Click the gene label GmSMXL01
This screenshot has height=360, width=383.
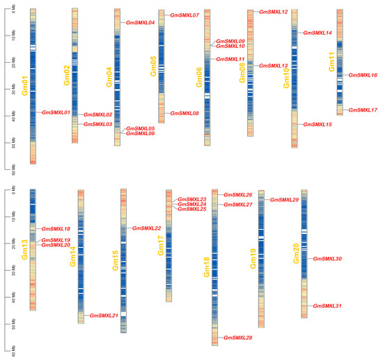(x=56, y=112)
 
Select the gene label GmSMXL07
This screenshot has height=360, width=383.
(x=186, y=15)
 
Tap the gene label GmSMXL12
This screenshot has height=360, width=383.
(x=273, y=12)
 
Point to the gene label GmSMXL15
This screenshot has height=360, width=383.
(x=318, y=125)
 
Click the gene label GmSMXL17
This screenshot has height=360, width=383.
(x=363, y=110)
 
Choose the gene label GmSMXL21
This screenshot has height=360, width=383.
(x=104, y=315)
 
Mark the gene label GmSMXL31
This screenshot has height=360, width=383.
(x=328, y=306)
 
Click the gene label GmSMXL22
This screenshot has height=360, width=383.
(x=147, y=228)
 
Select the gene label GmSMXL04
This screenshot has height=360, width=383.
(x=140, y=22)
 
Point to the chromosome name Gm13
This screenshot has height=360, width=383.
(x=25, y=248)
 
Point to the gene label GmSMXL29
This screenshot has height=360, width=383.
(x=284, y=200)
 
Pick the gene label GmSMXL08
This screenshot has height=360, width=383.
(x=185, y=113)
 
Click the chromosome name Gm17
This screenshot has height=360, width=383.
(x=160, y=244)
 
